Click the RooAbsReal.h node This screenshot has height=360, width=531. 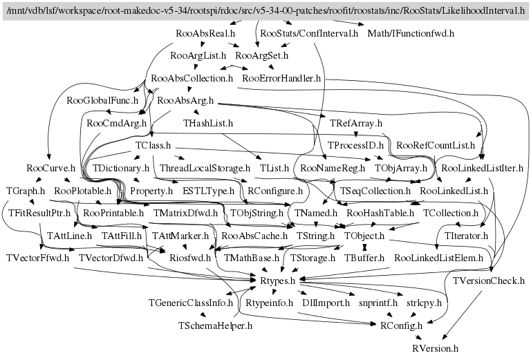205,33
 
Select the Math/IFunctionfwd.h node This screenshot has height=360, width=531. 411,33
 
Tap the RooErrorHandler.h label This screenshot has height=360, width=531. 282,79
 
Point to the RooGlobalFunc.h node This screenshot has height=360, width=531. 98,101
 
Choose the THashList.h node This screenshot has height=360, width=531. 207,124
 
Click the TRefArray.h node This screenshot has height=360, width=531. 356,124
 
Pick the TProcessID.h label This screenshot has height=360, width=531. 355,146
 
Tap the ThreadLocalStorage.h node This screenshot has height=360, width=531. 205,169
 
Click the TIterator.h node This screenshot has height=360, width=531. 463,236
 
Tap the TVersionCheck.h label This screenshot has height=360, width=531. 489,281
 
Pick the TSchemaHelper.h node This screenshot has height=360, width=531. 215,325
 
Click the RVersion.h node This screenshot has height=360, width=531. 435,348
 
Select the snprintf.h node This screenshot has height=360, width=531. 378,303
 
